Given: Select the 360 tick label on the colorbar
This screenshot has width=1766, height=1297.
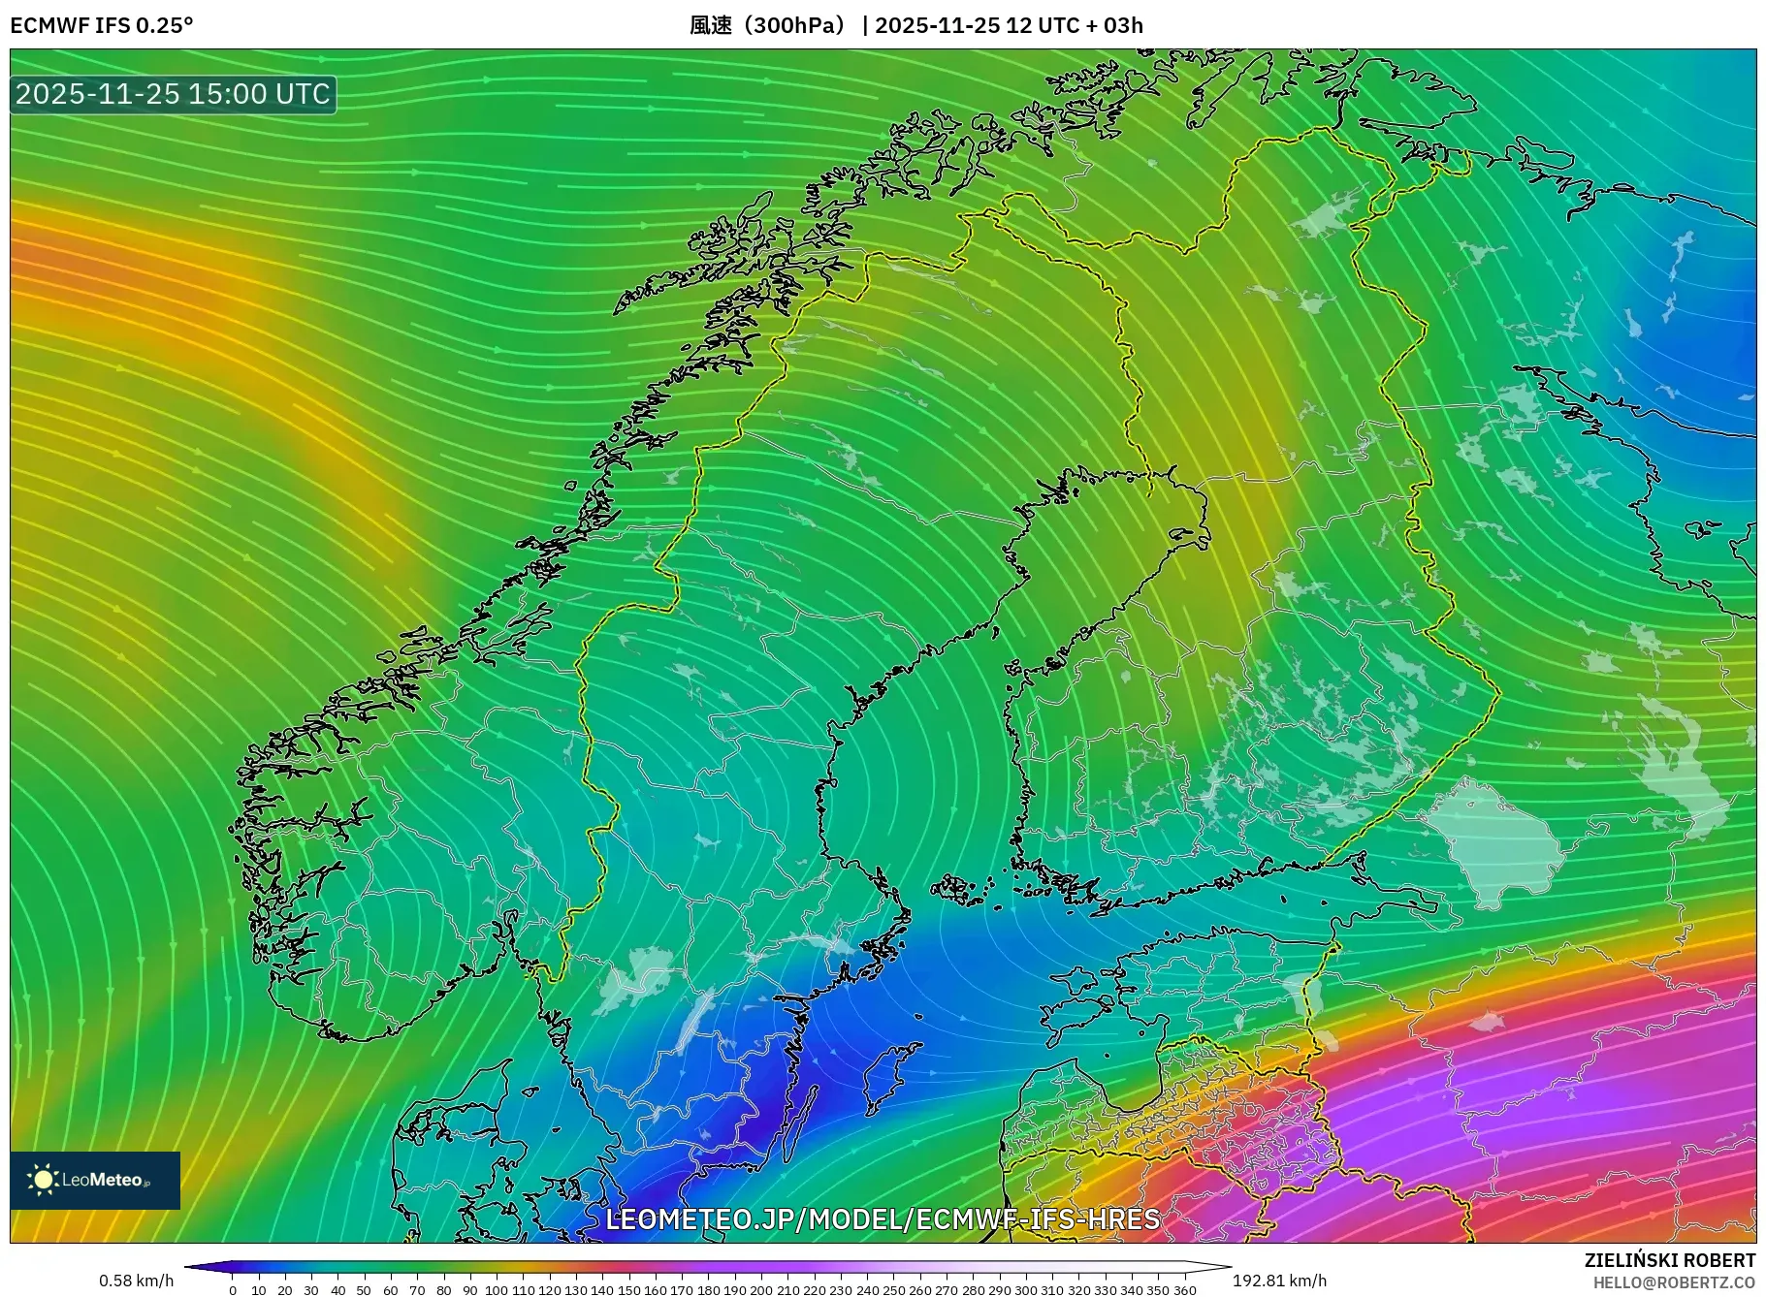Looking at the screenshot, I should coord(1185,1290).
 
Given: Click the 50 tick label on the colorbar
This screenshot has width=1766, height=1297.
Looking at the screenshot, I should coord(364,1290).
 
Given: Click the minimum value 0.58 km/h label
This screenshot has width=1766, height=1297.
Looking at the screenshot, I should coord(136,1281).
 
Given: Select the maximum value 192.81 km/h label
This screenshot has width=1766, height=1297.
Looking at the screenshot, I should coord(1279,1281).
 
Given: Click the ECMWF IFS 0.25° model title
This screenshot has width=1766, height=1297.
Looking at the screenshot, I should coord(102,25).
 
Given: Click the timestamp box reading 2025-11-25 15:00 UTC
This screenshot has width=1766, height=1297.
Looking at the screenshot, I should coord(173,94).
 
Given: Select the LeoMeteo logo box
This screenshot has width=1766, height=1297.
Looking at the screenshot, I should coord(95,1180).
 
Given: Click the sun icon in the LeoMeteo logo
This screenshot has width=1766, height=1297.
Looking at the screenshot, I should coord(43,1180).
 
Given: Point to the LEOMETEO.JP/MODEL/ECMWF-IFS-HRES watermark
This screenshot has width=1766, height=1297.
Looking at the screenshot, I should coord(883,1218).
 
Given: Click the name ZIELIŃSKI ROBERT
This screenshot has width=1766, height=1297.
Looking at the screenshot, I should coord(1670,1260).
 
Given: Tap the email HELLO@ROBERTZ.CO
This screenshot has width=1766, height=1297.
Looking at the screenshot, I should coord(1674,1282).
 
